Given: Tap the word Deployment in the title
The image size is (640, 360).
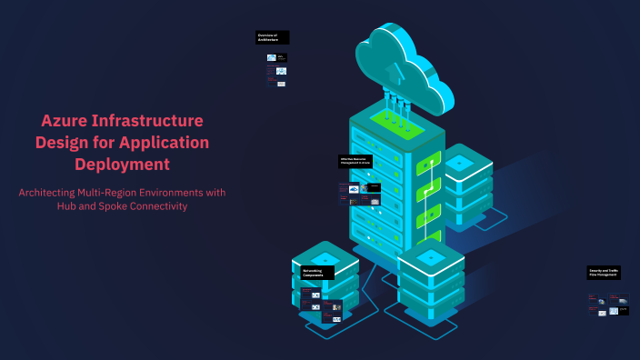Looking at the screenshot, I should pos(122,165).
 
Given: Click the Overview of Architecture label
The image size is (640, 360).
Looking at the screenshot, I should pos(272,37).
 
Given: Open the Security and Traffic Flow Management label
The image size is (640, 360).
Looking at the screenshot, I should pos(604,272).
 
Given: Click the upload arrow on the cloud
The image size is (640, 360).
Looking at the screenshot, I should pos(393,71).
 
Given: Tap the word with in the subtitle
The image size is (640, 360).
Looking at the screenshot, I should pos(214,193).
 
